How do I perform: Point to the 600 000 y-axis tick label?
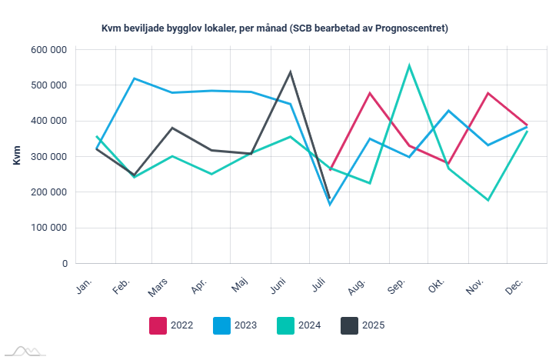(x=49, y=50)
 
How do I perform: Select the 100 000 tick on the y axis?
(x=49, y=228)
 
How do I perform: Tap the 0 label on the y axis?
(x=64, y=263)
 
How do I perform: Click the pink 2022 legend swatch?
(x=158, y=325)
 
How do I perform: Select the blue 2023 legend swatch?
(x=221, y=325)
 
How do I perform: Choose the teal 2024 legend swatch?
(x=285, y=325)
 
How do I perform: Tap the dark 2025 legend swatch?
(x=349, y=325)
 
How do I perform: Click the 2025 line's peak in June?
(x=291, y=72)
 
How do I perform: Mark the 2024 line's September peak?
(x=409, y=65)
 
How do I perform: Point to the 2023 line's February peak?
(x=135, y=78)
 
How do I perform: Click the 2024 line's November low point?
(x=488, y=200)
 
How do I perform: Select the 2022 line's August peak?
(x=370, y=93)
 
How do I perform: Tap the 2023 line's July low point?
(x=330, y=204)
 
